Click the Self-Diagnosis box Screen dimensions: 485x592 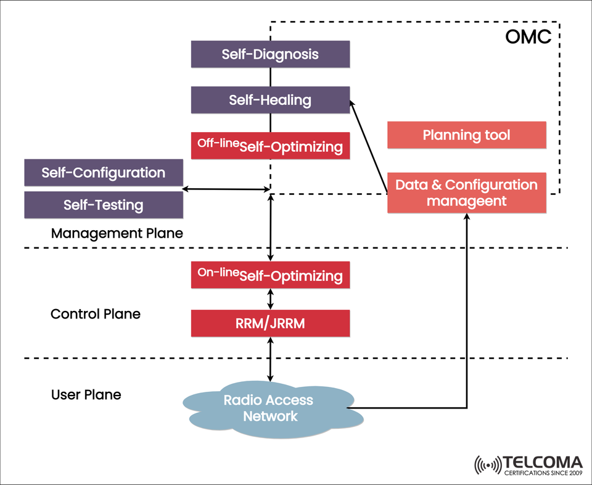pyautogui.click(x=270, y=54)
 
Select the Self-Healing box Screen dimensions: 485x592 pyautogui.click(x=270, y=100)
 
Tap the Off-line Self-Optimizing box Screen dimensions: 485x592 pyautogui.click(x=270, y=146)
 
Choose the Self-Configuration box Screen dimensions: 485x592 pyautogui.click(x=104, y=173)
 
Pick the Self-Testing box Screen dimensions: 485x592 pyautogui.click(x=104, y=205)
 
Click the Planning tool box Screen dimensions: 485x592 pyautogui.click(x=466, y=135)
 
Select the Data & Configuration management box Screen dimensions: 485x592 pyautogui.click(x=466, y=193)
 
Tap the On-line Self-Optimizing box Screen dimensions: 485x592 pyautogui.click(x=270, y=275)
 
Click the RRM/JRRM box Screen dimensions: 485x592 pyautogui.click(x=270, y=323)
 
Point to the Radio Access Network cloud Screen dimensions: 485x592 pyautogui.click(x=269, y=408)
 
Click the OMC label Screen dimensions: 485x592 pyautogui.click(x=528, y=37)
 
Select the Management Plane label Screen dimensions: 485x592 pyautogui.click(x=117, y=234)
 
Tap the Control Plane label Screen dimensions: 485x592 pyautogui.click(x=96, y=314)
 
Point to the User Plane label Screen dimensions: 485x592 pyautogui.click(x=86, y=394)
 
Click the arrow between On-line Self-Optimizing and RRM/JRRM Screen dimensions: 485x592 pyautogui.click(x=270, y=299)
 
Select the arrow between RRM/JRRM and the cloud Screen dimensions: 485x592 pyautogui.click(x=270, y=359)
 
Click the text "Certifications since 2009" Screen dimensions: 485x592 pyautogui.click(x=543, y=474)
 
